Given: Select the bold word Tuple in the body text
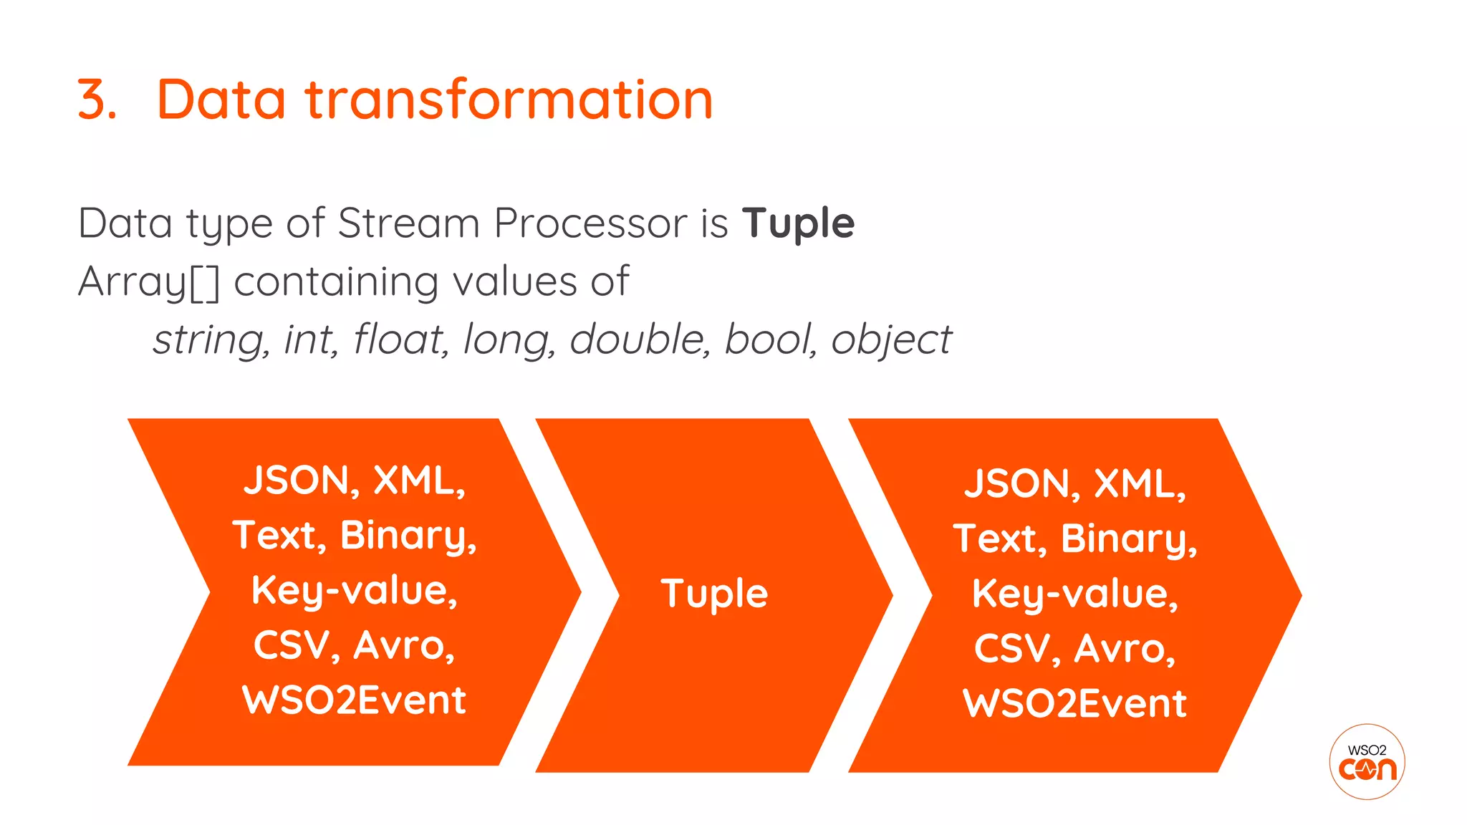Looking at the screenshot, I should point(798,223).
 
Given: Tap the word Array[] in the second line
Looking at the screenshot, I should point(148,281).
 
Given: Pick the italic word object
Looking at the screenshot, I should point(891,340).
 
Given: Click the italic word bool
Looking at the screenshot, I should point(769,339).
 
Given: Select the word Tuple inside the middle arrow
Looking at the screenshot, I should point(714,594).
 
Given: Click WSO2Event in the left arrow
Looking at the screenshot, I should point(354,700).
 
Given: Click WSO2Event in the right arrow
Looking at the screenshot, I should point(1074,704).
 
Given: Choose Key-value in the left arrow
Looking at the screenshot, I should point(354,591).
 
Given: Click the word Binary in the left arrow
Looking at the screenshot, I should point(407,536).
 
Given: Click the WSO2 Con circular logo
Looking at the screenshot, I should point(1367,761).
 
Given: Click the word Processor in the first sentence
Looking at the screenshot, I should point(590,223).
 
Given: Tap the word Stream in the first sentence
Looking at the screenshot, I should point(408,223).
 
